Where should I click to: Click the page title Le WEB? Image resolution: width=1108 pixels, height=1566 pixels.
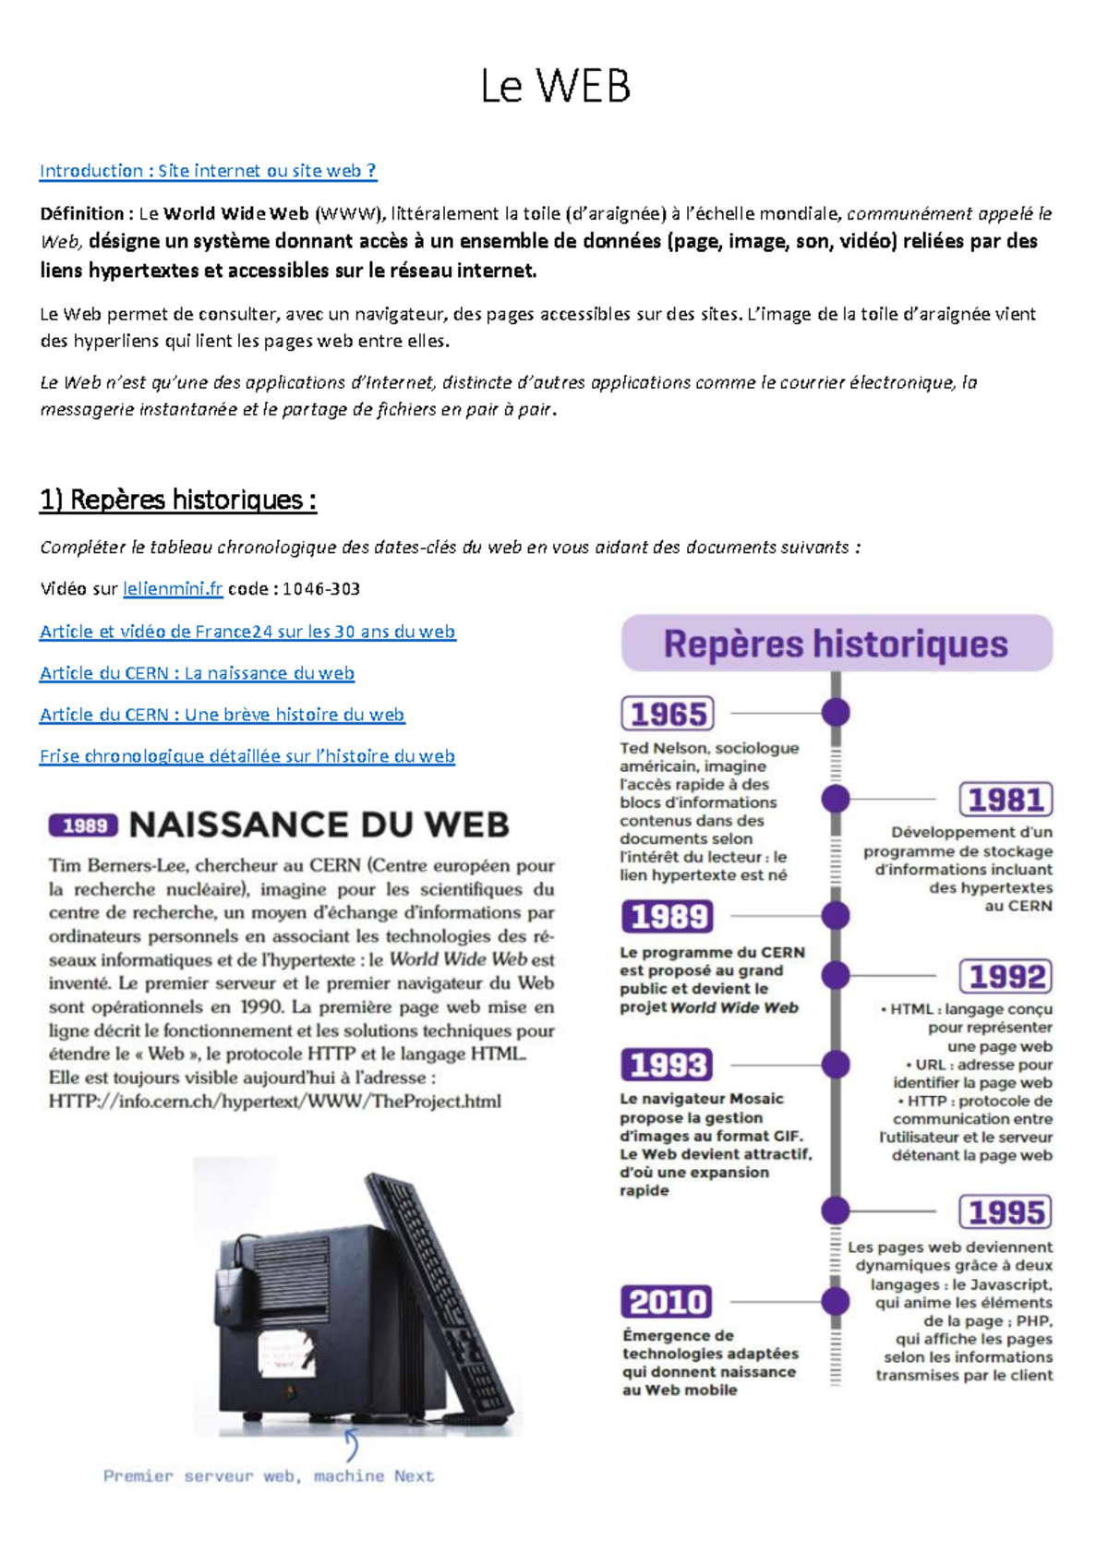pos(555,87)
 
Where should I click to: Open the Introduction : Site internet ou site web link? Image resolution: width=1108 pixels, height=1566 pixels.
pos(208,171)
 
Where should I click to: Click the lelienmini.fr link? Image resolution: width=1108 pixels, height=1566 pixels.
pos(173,589)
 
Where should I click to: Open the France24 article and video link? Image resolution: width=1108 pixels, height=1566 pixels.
pos(247,632)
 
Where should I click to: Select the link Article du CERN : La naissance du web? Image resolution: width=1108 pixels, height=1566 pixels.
pos(197,673)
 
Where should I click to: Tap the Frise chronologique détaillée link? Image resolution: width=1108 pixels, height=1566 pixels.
pos(247,756)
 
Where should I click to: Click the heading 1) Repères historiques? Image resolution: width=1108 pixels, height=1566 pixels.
pos(178,500)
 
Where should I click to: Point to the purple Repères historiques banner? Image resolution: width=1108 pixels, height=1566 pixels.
pos(836,644)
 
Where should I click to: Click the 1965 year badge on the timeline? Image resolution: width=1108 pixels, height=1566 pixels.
pos(668,714)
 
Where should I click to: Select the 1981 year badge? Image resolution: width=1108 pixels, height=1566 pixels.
pos(1006,800)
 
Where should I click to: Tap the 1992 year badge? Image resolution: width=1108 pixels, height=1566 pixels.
pos(1006,977)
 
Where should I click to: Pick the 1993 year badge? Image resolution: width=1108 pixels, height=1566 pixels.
pos(668,1065)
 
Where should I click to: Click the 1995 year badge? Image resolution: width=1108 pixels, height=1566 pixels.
pos(1006,1211)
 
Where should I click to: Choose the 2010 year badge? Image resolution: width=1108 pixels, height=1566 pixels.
pos(667,1302)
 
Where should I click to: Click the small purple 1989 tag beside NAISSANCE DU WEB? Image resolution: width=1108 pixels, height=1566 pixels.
pos(84,825)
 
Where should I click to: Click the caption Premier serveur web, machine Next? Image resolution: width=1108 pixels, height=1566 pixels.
pos(269,1476)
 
